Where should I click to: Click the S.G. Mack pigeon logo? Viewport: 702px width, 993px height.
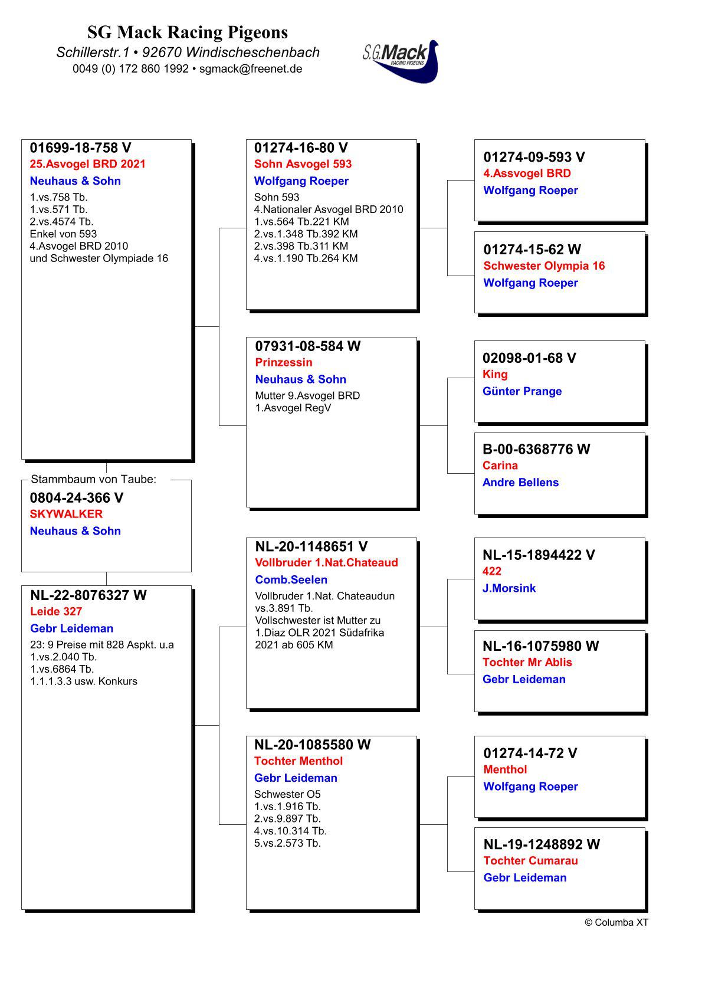tap(401, 61)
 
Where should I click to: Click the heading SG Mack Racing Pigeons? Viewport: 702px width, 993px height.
tap(188, 32)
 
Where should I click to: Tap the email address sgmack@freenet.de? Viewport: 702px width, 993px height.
tap(251, 68)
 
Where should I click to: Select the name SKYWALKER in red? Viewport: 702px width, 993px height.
tap(66, 514)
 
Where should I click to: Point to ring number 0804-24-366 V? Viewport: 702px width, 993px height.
tap(77, 498)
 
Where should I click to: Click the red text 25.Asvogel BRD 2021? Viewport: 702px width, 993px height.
tap(87, 164)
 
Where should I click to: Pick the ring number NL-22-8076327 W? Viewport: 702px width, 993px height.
tap(88, 595)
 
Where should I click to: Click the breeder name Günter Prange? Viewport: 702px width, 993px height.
tap(522, 391)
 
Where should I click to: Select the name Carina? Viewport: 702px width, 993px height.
tap(500, 466)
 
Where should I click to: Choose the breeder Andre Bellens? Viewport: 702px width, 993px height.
tap(520, 483)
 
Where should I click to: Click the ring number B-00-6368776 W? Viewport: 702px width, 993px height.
tap(536, 450)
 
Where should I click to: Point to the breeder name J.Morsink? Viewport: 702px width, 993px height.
tap(509, 588)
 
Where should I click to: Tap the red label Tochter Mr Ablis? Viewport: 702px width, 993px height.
tap(527, 663)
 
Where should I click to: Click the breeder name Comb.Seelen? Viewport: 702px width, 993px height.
tap(291, 580)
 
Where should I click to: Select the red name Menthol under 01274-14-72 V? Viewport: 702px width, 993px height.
tap(505, 769)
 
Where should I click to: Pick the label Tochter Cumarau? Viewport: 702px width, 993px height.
tap(530, 861)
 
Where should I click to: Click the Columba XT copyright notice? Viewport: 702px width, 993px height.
tap(616, 923)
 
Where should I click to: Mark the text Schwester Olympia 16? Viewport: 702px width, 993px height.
tap(544, 266)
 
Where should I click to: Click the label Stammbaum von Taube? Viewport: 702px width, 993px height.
tap(94, 480)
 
